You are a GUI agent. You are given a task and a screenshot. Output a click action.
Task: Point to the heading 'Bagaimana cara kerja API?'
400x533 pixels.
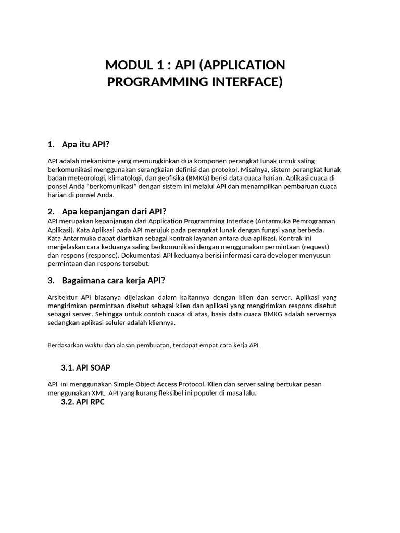(x=113, y=280)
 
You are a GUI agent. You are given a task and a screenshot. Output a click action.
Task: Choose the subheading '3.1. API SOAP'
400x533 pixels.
(x=85, y=367)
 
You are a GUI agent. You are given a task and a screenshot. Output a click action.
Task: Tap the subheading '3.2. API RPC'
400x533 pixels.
(x=83, y=402)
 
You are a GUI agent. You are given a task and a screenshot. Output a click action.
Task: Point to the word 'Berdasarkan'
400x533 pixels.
(x=65, y=345)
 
